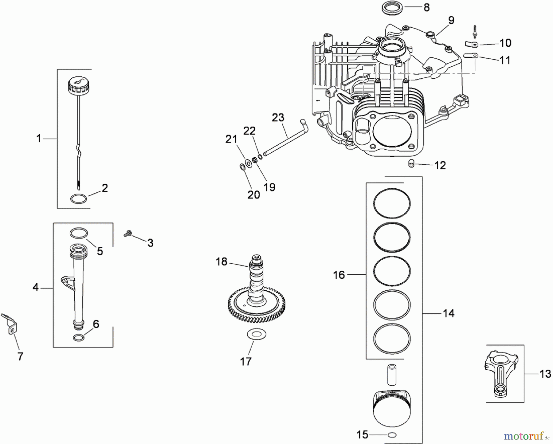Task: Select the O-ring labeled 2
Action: (78, 199)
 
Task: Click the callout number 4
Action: (36, 288)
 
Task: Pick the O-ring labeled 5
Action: (79, 233)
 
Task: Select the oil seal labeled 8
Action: (391, 7)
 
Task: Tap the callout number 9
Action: (451, 21)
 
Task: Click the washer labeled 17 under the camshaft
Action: (257, 334)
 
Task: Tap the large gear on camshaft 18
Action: (257, 304)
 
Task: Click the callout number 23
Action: (278, 117)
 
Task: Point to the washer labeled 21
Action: (248, 163)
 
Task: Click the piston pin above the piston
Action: (392, 375)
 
